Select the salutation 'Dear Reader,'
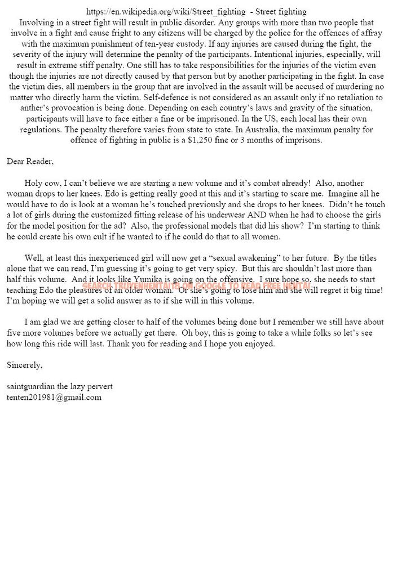(30, 162)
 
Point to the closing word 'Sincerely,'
(24, 365)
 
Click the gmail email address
(54, 397)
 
